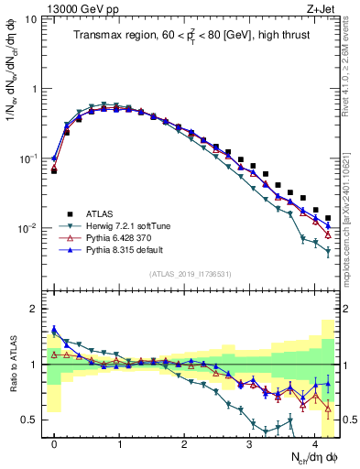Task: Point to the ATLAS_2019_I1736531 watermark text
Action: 189,273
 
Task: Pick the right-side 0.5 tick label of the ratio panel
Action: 348,420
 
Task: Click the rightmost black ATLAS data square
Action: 328,218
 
